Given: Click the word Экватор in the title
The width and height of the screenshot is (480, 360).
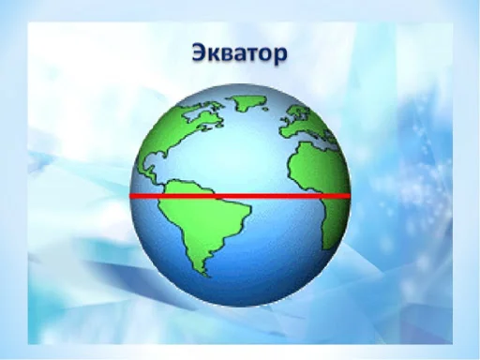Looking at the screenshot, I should (239, 52).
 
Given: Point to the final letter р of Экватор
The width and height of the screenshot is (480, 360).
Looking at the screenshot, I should (279, 53).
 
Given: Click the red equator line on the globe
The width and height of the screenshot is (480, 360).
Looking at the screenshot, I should (239, 196).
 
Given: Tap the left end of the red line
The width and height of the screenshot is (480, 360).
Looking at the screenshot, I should (130, 196).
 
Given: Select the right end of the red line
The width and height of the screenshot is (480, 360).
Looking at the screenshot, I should (348, 196).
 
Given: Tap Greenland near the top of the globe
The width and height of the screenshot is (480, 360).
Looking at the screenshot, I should (242, 103).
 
